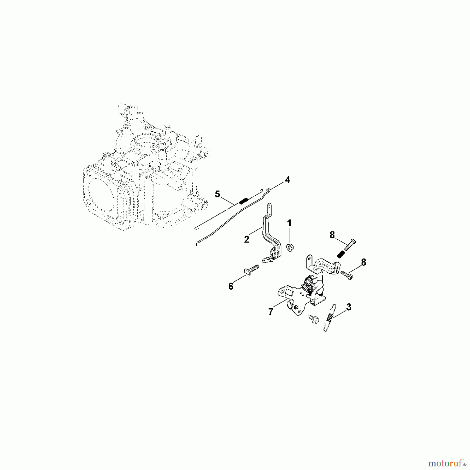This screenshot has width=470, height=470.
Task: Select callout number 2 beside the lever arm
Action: [247, 239]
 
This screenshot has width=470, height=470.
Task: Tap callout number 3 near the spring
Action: [349, 307]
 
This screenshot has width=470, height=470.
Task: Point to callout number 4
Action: [287, 180]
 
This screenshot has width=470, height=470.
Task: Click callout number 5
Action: [218, 194]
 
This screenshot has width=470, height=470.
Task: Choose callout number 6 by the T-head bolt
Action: [231, 286]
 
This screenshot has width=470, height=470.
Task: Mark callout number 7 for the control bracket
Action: [271, 312]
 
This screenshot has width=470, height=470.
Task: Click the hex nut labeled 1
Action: [289, 247]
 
